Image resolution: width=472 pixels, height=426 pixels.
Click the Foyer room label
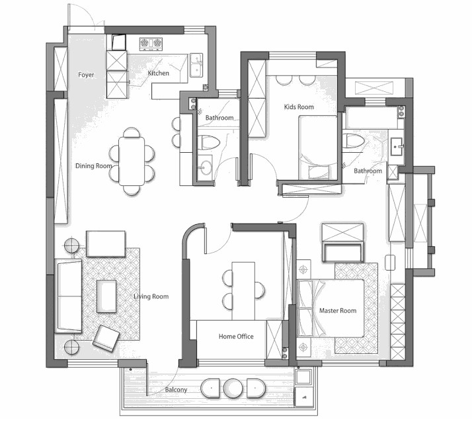[x=86, y=75]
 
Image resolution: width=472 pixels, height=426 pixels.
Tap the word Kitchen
[x=159, y=73]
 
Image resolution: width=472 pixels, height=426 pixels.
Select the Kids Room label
[x=299, y=106]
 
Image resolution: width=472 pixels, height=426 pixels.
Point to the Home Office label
[x=236, y=336]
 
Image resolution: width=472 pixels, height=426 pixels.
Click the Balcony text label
[x=176, y=390]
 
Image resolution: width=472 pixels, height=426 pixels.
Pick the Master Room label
[x=338, y=310]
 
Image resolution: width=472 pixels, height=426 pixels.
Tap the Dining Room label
[x=94, y=165]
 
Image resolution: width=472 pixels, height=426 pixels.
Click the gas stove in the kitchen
[x=151, y=44]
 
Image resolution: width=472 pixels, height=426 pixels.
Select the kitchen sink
[x=196, y=65]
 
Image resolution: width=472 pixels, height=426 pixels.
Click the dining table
[x=132, y=161]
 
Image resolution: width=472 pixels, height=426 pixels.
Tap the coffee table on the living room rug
[x=106, y=296]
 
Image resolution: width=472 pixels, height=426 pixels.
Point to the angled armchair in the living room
[x=106, y=338]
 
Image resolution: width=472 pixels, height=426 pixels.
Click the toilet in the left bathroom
[x=209, y=142]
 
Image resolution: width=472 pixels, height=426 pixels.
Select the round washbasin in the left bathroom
[x=206, y=167]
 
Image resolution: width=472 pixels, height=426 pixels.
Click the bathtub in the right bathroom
[x=372, y=118]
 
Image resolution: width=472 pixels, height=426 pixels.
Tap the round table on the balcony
[x=233, y=388]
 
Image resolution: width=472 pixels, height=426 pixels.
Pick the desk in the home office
[x=243, y=291]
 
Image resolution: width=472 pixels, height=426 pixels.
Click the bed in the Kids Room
[x=318, y=148]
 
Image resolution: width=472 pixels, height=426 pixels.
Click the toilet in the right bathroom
[x=354, y=141]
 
